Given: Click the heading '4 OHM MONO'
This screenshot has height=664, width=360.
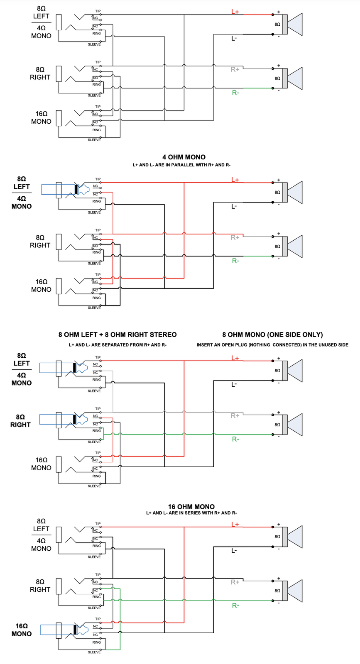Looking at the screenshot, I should coord(184,157).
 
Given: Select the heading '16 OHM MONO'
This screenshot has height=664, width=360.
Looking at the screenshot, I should coord(191,506).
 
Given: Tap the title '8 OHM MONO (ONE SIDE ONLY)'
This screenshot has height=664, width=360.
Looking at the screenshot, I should coord(272,334).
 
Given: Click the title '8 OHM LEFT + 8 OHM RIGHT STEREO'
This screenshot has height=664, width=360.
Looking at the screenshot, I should coord(118,334).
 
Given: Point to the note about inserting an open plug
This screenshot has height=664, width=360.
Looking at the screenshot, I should coord(272,345).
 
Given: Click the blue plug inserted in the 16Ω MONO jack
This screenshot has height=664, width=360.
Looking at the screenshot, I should coord(62,630).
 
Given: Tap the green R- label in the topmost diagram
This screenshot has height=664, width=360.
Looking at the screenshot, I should coord(235,93).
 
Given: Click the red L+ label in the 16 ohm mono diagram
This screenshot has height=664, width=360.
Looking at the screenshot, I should coord(235,524).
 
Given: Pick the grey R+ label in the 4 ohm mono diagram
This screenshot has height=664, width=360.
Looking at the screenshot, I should coord(235,237).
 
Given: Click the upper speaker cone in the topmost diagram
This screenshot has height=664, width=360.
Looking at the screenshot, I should coord(294,24).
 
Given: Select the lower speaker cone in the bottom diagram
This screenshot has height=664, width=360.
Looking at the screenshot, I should coord(294,590).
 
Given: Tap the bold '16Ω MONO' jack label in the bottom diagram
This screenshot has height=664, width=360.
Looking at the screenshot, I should coord(22,630).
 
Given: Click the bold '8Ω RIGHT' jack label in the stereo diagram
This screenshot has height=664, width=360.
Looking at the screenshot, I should coord(20,420).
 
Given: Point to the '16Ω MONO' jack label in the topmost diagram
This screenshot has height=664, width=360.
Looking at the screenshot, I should coord(41,117).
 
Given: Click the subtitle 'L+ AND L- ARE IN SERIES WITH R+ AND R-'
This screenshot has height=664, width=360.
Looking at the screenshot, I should coord(191,513).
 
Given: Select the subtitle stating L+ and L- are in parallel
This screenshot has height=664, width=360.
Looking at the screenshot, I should coord(181,165).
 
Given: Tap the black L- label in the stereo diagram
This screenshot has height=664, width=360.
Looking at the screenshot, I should coord(234,385).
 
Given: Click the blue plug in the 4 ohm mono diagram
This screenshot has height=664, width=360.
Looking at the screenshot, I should coord(62,189).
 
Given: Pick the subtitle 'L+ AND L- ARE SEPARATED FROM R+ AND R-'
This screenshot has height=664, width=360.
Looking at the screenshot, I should coord(118,345).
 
